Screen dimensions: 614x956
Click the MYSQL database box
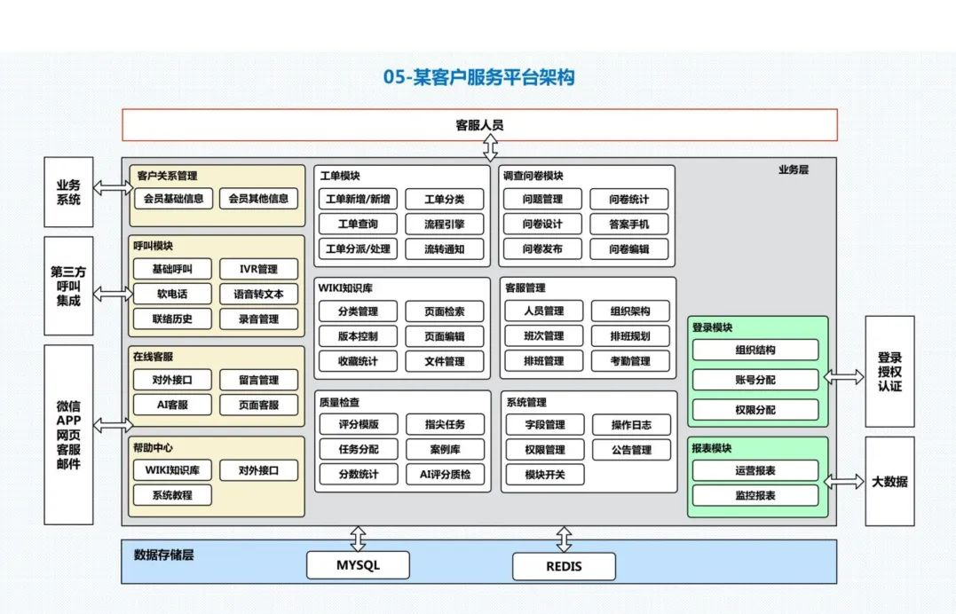[x=358, y=565]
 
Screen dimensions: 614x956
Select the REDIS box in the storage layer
[x=564, y=566]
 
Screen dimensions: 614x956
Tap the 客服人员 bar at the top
[x=479, y=125]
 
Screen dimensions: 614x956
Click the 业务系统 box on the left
[x=68, y=192]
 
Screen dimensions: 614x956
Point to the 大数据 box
[x=889, y=482]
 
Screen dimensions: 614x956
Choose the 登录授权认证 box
[x=889, y=372]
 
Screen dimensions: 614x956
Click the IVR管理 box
[x=258, y=269]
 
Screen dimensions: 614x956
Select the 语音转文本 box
[x=258, y=294]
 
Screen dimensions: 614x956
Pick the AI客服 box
[x=172, y=405]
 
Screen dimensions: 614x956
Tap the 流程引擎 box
[x=444, y=224]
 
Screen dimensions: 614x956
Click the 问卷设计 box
[x=542, y=224]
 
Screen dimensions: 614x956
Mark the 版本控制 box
[x=358, y=336]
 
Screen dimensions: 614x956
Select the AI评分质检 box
[x=445, y=475]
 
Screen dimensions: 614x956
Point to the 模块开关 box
[x=544, y=475]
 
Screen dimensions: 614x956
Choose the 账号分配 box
[x=755, y=381]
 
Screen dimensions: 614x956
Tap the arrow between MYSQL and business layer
[x=358, y=538]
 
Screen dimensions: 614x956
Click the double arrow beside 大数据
[x=844, y=482]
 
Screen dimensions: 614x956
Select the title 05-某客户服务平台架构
[x=478, y=78]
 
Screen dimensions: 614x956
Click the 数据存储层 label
[x=164, y=555]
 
